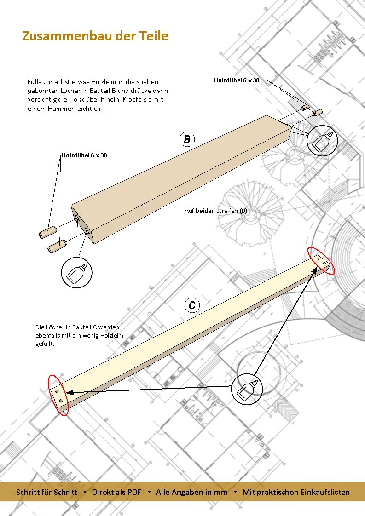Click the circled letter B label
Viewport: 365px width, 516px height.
[x=187, y=139]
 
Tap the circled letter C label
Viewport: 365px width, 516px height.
[x=192, y=305]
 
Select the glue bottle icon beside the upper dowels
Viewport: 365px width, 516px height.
[x=322, y=141]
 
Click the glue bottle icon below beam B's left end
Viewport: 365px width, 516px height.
[x=76, y=272]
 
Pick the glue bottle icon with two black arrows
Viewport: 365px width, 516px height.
[x=247, y=389]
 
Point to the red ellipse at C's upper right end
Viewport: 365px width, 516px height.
[x=321, y=261]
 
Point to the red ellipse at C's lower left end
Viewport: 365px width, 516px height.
[x=58, y=395]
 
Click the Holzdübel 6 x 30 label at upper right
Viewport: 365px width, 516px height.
[x=237, y=80]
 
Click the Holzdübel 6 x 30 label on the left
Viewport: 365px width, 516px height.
[x=84, y=155]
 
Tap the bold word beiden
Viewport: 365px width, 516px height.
[x=205, y=211]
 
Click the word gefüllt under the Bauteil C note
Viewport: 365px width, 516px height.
[x=45, y=344]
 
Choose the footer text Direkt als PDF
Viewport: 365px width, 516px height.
[x=116, y=492]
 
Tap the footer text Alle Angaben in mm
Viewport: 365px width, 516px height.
[x=191, y=492]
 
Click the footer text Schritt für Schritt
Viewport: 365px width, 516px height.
[x=46, y=492]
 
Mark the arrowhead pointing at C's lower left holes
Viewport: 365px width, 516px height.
[x=69, y=392]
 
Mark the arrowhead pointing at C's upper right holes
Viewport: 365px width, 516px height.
[x=314, y=270]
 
